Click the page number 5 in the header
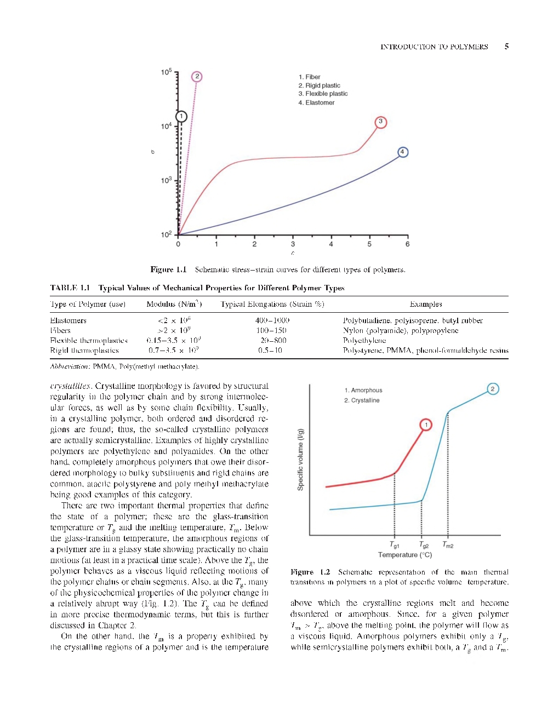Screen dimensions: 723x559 (506, 47)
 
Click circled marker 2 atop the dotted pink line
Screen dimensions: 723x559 (197, 77)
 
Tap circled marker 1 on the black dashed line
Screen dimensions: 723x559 (181, 117)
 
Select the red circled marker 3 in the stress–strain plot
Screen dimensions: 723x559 (380, 122)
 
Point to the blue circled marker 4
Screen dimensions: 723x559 (403, 152)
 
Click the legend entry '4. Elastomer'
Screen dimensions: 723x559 (316, 103)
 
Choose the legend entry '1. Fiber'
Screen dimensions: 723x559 (309, 77)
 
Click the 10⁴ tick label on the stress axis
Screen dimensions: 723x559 (166, 127)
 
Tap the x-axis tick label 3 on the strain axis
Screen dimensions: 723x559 (293, 244)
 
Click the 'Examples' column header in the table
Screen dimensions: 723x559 (425, 305)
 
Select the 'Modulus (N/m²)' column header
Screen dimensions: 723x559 (174, 305)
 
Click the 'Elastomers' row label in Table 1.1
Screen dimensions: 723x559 (68, 321)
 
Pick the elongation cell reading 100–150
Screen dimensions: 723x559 (271, 331)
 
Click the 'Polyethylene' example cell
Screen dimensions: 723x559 (364, 341)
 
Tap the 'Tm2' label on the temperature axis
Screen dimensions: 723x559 (448, 545)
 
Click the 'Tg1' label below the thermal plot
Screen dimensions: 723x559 (395, 545)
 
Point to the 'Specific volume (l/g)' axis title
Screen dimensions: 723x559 (300, 460)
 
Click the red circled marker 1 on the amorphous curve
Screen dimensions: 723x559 (426, 425)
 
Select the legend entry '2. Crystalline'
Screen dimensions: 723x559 (362, 400)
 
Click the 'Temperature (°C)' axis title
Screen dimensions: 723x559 (405, 555)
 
